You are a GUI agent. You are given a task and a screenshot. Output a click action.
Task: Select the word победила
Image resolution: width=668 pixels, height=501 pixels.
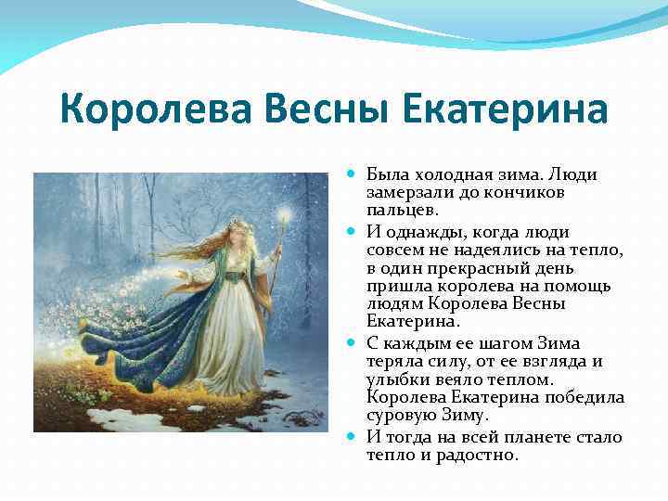click(x=589, y=398)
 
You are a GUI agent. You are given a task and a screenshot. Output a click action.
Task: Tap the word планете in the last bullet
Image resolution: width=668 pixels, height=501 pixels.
click(x=548, y=436)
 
